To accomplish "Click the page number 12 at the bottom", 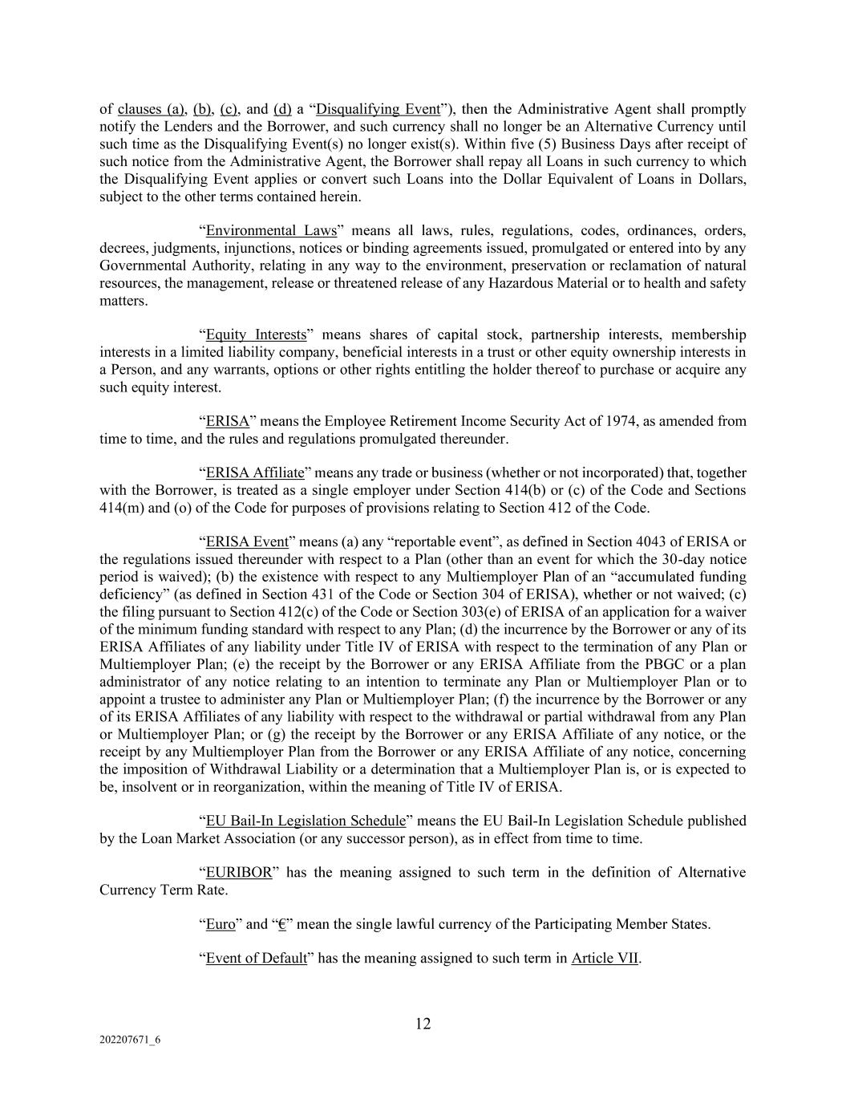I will [423, 1024].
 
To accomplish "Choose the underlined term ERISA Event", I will [247, 541].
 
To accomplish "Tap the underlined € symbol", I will [281, 924].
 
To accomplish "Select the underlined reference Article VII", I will [605, 959].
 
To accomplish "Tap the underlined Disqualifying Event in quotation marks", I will [378, 109].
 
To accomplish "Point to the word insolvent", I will [140, 787].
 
